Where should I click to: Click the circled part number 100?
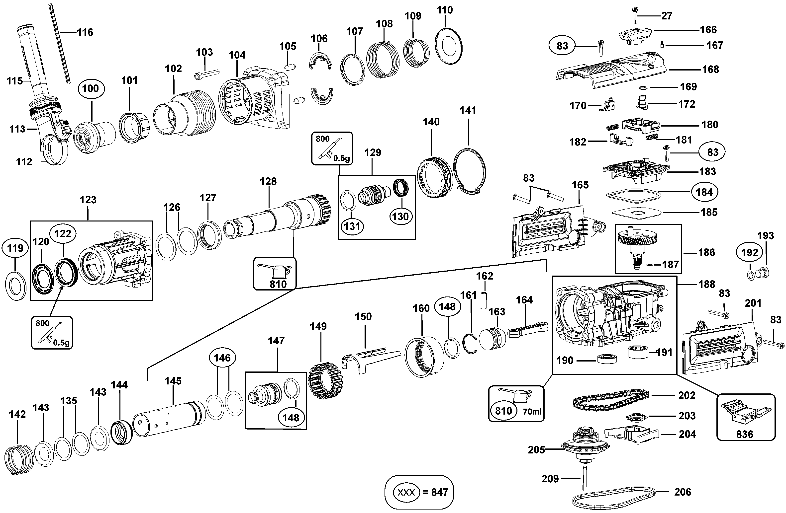(x=91, y=88)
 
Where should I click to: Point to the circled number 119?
(x=15, y=248)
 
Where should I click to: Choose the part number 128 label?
(x=268, y=181)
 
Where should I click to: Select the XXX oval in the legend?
(x=406, y=492)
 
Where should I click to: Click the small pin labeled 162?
(x=484, y=299)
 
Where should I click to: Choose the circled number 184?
(x=704, y=192)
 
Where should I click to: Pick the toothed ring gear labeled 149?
(x=325, y=380)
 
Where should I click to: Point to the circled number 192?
(x=750, y=252)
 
